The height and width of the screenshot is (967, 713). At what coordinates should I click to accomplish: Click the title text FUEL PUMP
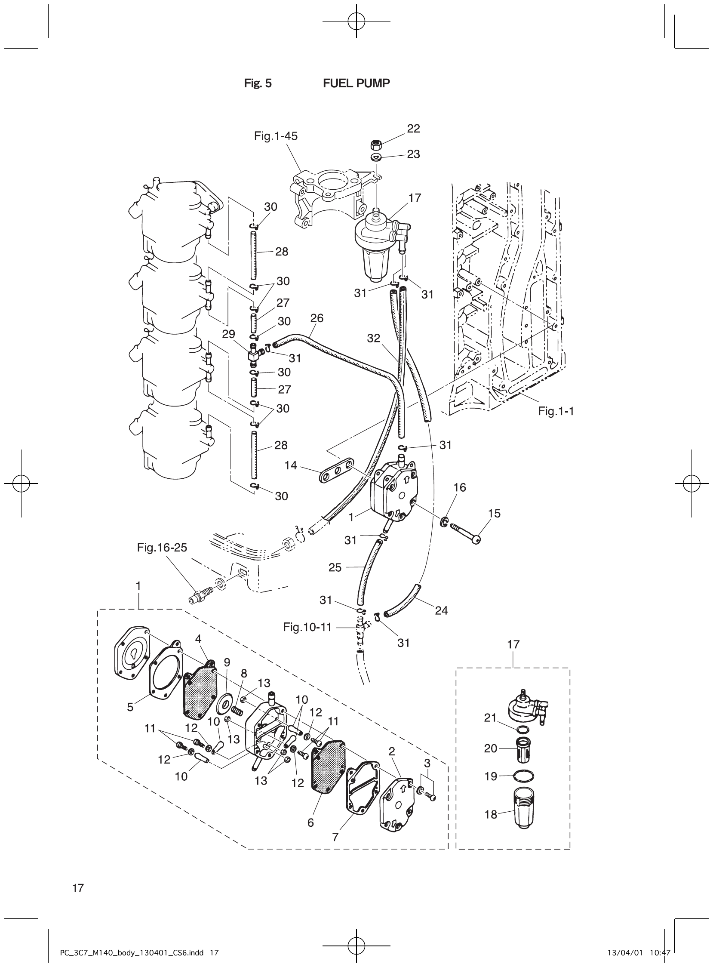click(356, 83)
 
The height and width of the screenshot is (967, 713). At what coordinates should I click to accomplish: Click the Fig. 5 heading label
click(258, 83)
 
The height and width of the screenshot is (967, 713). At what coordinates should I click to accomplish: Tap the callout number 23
click(413, 154)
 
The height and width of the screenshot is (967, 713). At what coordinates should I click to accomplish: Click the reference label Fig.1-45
click(276, 136)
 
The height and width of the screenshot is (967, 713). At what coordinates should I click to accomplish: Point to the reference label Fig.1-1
click(556, 411)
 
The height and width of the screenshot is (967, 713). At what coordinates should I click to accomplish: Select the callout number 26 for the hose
click(317, 318)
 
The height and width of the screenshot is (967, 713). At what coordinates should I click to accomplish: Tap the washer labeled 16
click(445, 524)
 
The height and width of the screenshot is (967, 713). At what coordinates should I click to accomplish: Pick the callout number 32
click(373, 338)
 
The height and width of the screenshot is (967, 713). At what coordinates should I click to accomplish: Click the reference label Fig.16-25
click(162, 548)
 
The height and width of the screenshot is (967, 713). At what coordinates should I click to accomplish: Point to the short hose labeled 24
click(402, 599)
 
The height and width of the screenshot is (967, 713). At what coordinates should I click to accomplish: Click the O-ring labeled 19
click(523, 775)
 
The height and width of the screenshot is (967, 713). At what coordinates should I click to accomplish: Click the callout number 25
click(335, 568)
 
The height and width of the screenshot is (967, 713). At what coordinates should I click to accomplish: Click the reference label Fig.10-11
click(307, 627)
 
